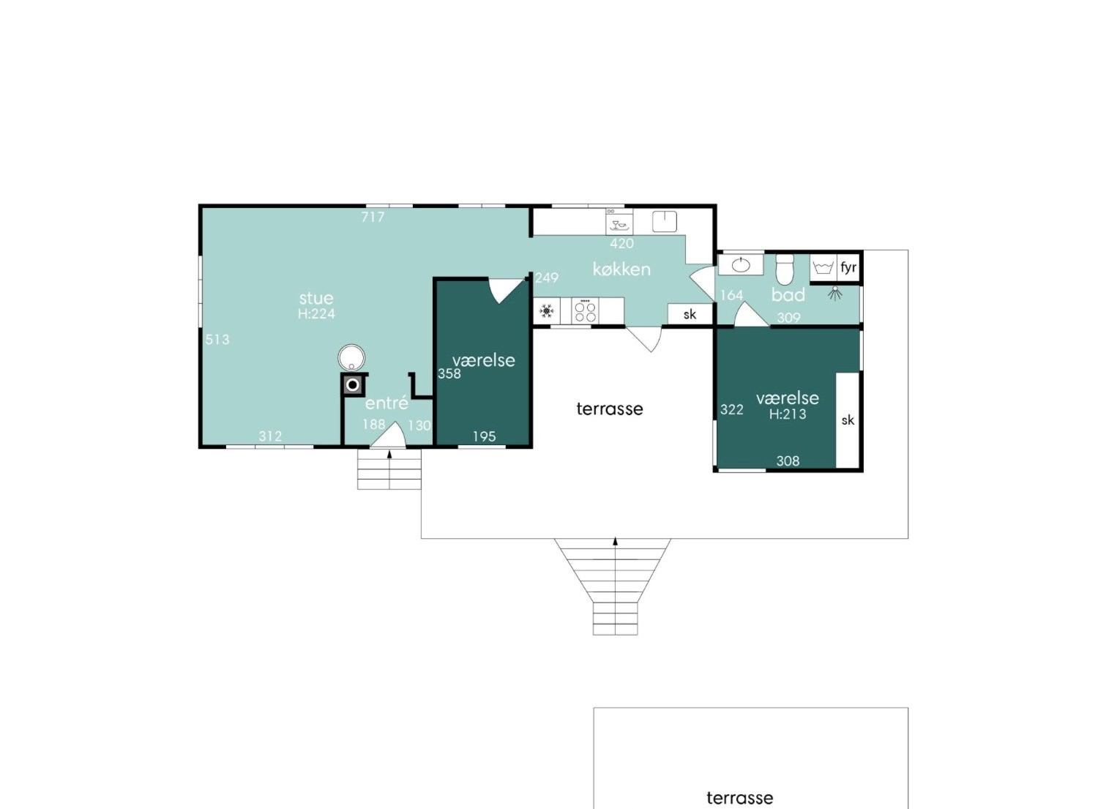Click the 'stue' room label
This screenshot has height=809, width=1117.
[x=316, y=298]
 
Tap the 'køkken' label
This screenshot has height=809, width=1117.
[x=621, y=269]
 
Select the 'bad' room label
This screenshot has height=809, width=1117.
[x=788, y=295]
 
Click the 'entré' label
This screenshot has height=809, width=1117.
[x=386, y=403]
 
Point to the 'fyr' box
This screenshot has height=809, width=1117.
[x=848, y=267]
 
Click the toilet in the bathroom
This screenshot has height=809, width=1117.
[x=785, y=269]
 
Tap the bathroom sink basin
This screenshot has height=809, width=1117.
[x=741, y=265]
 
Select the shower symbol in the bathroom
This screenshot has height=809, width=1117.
[x=835, y=294]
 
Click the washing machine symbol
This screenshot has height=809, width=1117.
[x=823, y=268]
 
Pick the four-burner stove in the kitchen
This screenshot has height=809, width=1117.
[x=586, y=311]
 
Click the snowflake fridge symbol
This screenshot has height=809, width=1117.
[x=547, y=311]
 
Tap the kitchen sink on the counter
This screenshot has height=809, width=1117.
[x=665, y=221]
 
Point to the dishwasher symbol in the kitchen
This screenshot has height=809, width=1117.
[x=619, y=221]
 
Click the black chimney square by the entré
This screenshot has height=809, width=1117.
[x=353, y=385]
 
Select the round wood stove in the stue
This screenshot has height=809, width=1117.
[x=351, y=357]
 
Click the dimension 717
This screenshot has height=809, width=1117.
[x=373, y=217]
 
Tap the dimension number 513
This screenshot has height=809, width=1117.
[x=217, y=340]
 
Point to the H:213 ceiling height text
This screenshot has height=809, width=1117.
[x=788, y=414]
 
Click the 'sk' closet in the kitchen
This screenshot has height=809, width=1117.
[x=690, y=314]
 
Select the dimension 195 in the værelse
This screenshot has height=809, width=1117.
[x=484, y=437]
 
